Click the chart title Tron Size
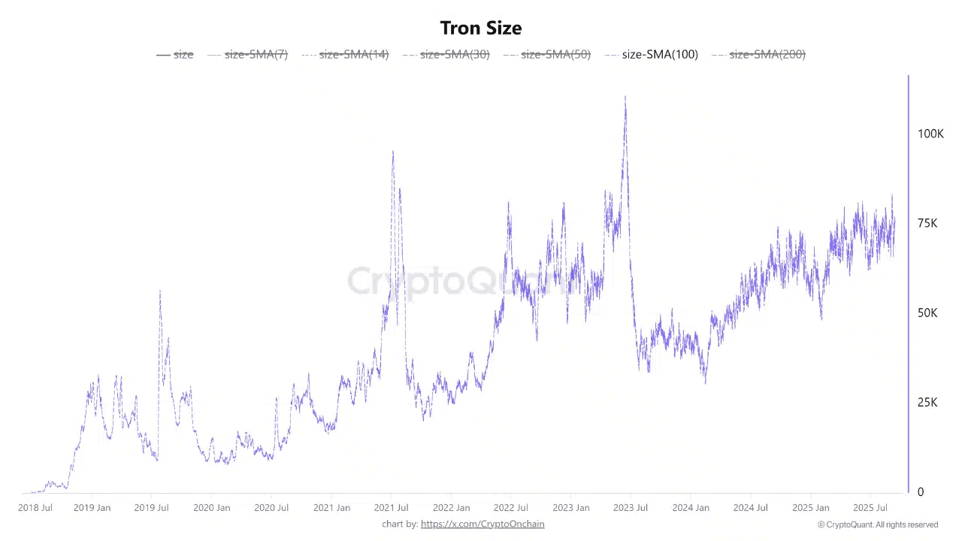click(481, 28)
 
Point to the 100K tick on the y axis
click(930, 134)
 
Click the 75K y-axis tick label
click(927, 223)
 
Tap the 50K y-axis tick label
click(927, 313)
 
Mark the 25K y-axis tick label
click(927, 403)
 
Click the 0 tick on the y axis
click(921, 492)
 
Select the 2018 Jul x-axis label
click(35, 508)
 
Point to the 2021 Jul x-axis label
click(392, 508)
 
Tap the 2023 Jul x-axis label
click(630, 508)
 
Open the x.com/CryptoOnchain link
click(483, 524)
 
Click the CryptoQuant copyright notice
click(878, 524)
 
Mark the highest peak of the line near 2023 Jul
click(625, 96)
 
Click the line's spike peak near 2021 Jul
click(392, 151)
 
